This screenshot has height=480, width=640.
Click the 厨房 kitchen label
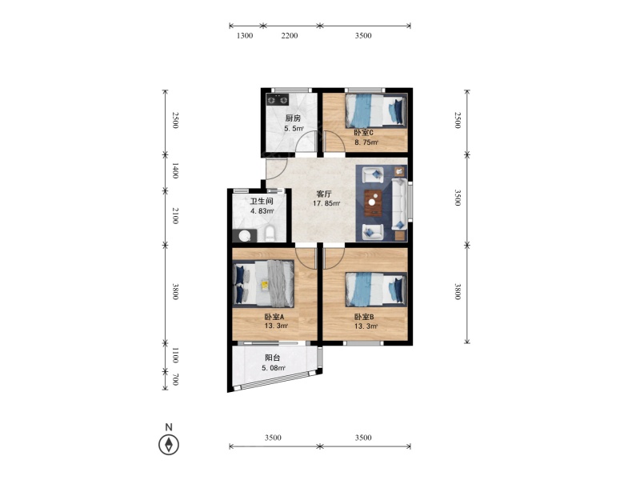293,118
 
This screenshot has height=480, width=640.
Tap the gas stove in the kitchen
277,99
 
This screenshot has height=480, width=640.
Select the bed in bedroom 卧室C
376,111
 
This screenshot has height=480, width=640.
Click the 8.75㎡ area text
366,142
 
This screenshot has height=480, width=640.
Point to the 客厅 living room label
324,194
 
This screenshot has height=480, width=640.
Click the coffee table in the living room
373,203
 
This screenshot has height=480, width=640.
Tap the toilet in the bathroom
270,234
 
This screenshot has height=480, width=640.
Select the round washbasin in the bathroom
245,236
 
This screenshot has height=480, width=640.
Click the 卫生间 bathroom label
262,202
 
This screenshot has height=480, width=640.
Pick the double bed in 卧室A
263,284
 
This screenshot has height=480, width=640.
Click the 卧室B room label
364,317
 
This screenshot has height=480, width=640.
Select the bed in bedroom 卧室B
376,290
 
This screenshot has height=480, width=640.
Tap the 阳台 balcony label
272,358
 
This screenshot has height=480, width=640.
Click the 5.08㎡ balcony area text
274,368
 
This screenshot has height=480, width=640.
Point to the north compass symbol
169,444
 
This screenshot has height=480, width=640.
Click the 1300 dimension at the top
245,35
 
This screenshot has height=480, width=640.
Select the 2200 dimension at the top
290,35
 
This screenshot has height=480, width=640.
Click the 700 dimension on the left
175,379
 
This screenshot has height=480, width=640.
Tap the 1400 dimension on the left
175,170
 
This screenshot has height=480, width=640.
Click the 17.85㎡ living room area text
326,203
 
